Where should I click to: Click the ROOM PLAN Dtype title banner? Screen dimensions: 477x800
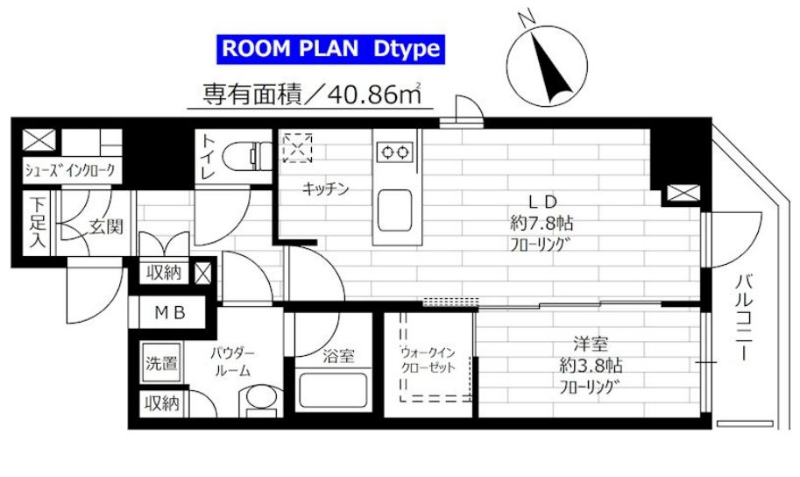pos(330,48)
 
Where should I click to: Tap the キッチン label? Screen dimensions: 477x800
pos(327,188)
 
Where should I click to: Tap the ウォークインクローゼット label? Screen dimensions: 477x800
pos(428,361)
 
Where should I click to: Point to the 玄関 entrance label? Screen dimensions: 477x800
pos(106,226)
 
